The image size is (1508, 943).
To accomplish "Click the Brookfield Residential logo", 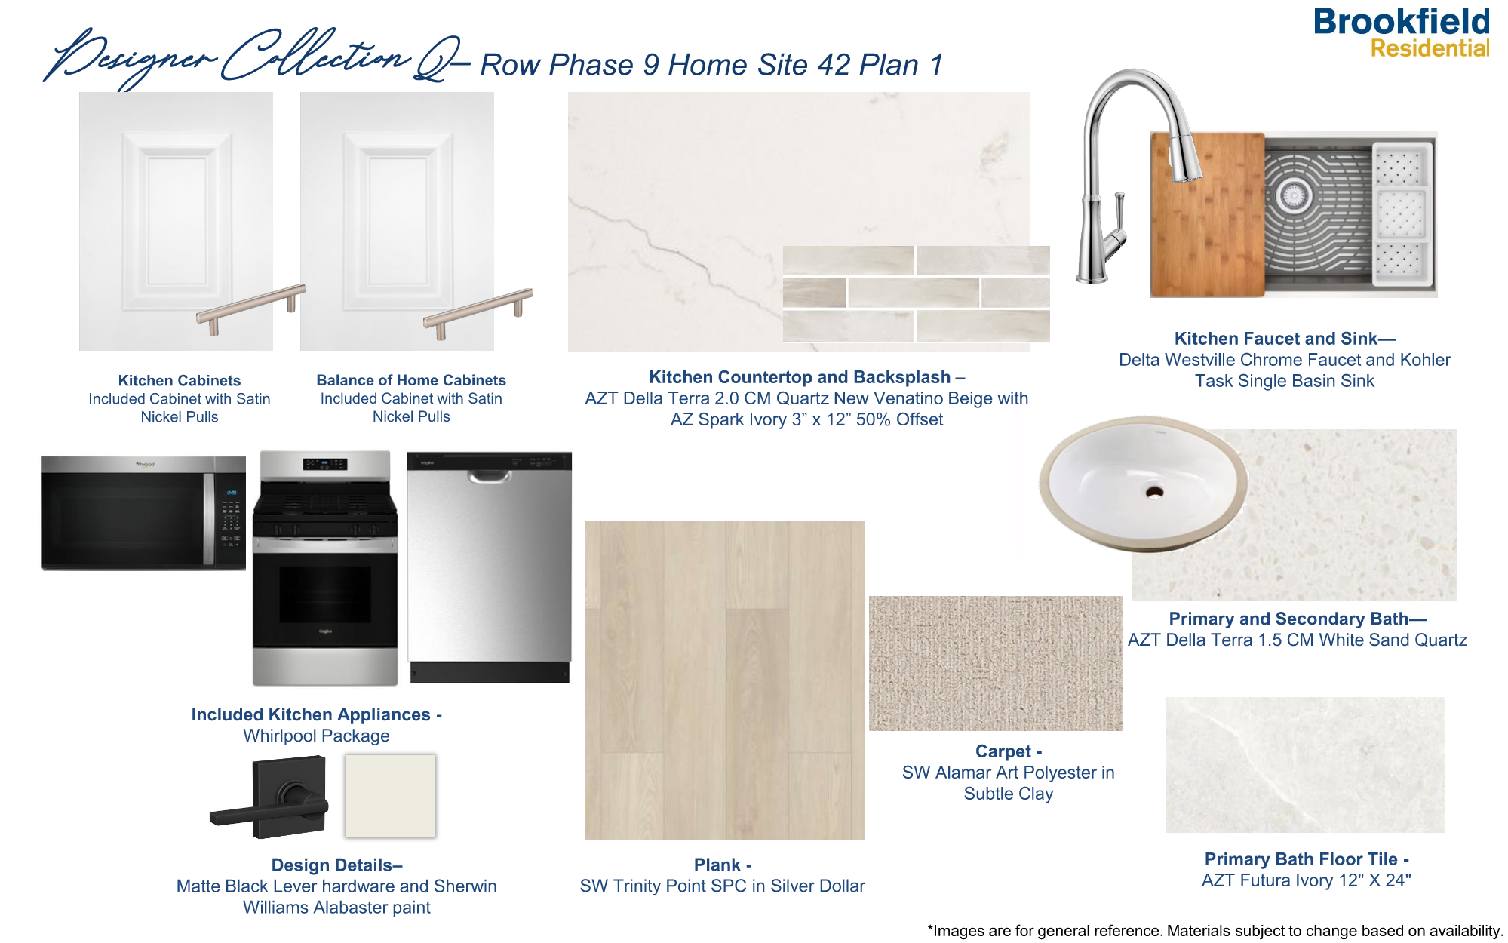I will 1402,33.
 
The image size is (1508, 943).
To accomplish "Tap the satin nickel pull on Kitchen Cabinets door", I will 251,304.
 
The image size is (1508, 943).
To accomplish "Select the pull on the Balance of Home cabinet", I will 478,308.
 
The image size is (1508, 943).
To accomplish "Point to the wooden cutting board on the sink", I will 1207,215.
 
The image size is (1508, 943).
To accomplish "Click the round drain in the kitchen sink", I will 1293,196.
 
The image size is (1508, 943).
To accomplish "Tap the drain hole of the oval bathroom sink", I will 1154,492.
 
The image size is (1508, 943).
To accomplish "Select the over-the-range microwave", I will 143,513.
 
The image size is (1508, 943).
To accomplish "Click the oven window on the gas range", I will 324,594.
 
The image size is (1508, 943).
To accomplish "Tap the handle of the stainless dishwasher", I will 489,477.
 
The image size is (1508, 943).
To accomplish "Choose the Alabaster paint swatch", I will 390,796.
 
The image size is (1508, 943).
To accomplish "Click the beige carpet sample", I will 995,663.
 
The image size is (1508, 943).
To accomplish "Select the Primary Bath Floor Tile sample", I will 1304,764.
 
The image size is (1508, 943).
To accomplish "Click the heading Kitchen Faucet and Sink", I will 1284,339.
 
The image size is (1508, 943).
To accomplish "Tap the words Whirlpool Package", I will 316,736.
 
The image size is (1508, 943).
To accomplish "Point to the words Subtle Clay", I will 1008,794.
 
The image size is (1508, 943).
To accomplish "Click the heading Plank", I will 722,865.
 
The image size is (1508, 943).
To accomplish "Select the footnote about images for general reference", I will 1215,931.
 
